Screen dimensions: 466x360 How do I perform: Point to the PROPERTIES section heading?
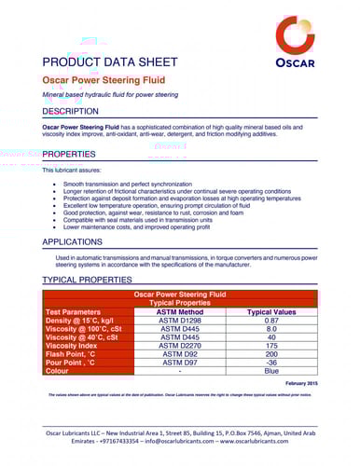click(69, 154)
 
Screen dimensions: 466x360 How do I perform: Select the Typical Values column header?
click(271, 311)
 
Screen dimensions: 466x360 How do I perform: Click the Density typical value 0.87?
click(271, 320)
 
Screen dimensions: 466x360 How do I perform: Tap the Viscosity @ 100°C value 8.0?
click(271, 328)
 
